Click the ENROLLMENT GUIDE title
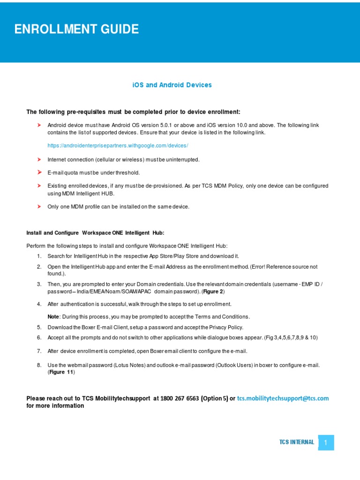pos(77,30)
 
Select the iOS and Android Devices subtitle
pos(172,85)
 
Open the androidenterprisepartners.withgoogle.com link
pos(118,146)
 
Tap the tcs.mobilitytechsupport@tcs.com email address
pos(283,398)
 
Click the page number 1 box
pos(326,442)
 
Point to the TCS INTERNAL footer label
pos(297,442)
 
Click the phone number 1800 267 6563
pos(180,398)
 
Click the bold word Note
pos(53,316)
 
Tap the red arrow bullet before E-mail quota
pos(39,172)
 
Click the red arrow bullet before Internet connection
pos(39,159)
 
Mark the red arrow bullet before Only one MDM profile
pos(39,206)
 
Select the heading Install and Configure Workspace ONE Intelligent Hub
pos(95,232)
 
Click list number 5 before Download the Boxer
pos(39,327)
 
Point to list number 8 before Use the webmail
pos(39,365)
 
